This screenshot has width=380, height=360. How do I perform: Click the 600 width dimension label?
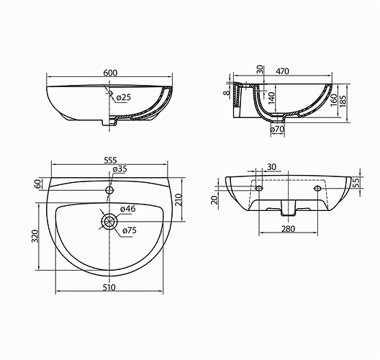[x=110, y=73]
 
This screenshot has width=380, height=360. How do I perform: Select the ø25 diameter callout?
[x=123, y=97]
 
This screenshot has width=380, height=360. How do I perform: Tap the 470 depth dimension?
[x=282, y=71]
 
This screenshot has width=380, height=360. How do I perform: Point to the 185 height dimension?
[x=343, y=101]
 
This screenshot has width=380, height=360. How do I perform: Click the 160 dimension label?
[x=334, y=99]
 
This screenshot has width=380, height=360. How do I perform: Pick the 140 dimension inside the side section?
[x=271, y=98]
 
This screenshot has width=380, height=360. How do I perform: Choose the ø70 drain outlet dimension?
[x=277, y=130]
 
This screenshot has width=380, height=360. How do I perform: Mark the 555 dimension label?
[x=110, y=160]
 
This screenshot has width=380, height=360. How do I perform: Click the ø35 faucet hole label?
[x=119, y=168]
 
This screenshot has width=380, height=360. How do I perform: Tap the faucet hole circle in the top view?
[x=110, y=190]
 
